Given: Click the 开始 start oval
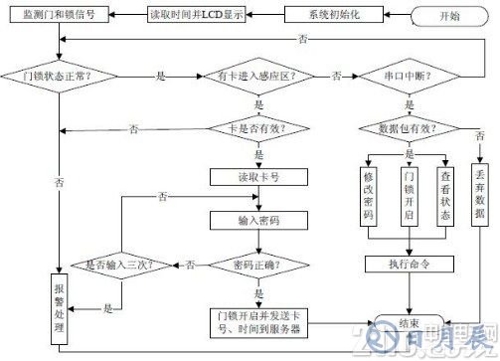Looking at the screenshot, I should pos(453,17).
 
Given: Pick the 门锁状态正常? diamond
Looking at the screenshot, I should pos(62,76).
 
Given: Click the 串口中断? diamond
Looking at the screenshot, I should pos(407,76).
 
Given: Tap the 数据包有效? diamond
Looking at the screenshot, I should pos(407,127).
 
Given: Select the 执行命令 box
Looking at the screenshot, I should pos(407,264).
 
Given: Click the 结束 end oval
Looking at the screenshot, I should pos(407,322).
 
